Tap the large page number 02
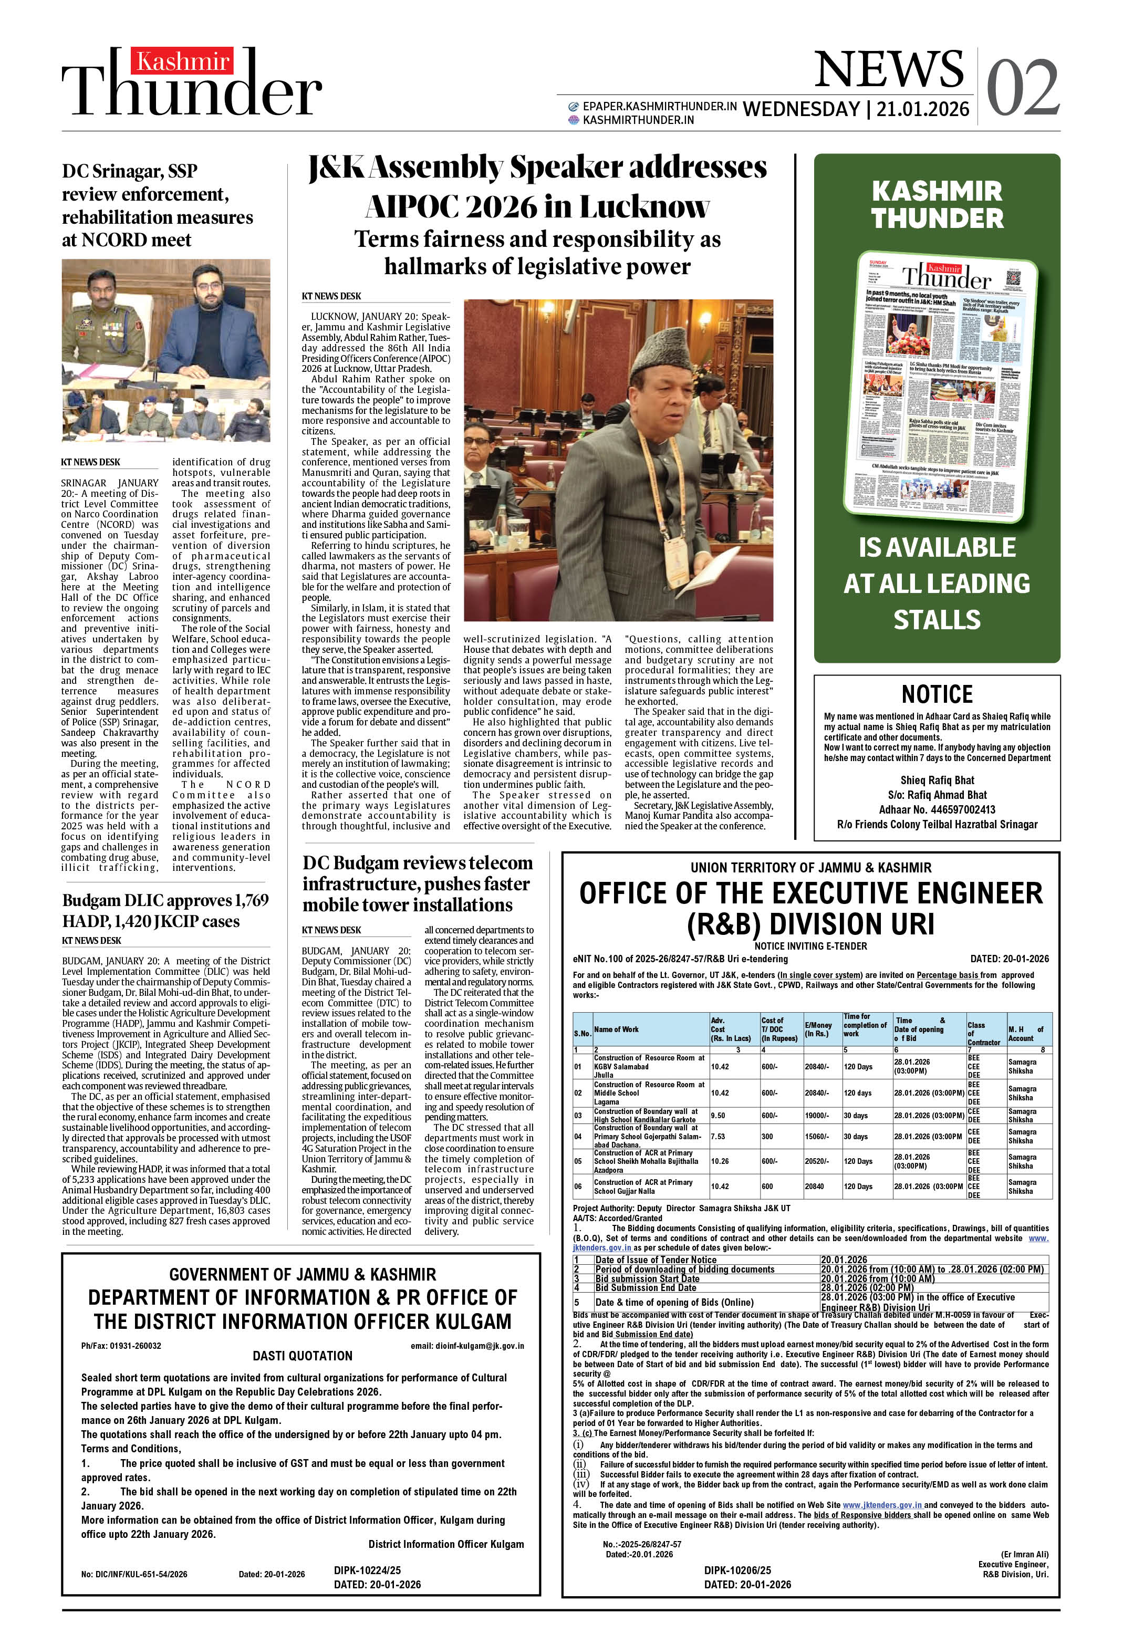click(1023, 88)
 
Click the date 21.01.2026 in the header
click(922, 109)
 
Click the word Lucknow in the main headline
click(643, 206)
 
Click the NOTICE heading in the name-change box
click(937, 693)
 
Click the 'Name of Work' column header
click(616, 1029)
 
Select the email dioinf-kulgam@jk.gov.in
click(467, 1346)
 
